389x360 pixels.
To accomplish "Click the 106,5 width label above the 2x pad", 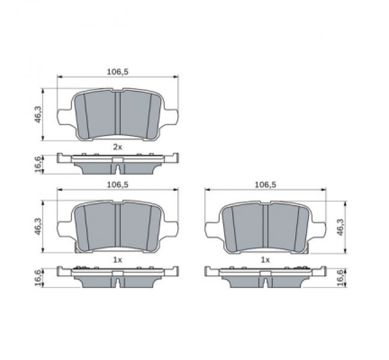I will pos(117,72).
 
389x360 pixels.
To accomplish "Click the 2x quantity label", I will pos(117,147).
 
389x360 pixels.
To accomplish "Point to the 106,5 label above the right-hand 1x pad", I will pos(265,185).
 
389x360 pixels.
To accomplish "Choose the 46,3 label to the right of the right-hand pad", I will pos(341,227).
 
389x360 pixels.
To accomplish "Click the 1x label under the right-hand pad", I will pos(265,259).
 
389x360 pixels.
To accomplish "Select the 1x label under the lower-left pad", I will pos(117,259).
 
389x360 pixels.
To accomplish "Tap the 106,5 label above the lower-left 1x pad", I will pos(117,185).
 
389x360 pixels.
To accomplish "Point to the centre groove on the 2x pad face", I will pos(117,114).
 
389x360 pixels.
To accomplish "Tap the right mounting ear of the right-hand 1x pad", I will pos(318,230).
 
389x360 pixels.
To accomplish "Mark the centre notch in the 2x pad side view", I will pos(117,169).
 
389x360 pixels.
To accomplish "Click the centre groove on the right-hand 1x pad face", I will pos(265,227).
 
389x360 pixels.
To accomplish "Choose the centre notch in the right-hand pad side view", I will pos(265,282).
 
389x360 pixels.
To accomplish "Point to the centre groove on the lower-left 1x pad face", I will pos(117,227).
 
